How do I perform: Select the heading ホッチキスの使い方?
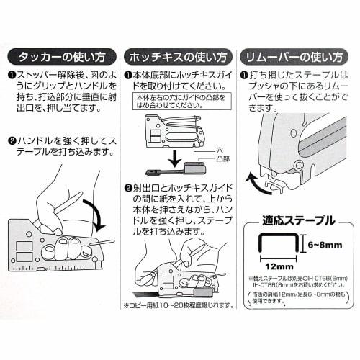coord(180,55)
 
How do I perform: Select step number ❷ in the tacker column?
coord(13,139)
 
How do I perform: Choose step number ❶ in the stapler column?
coord(128,74)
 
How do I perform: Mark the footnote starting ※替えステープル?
coord(298,282)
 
